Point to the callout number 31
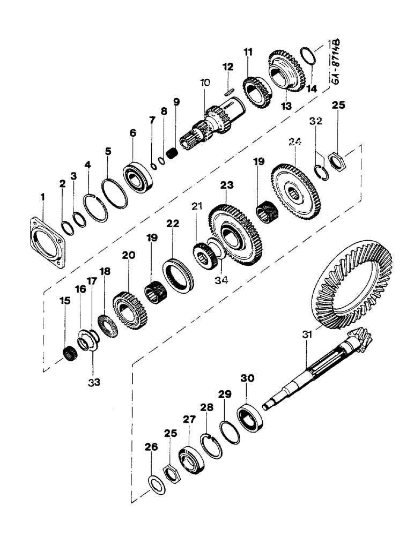pos(306,334)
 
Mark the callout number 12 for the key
pos(228,66)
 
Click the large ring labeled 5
pos(116,190)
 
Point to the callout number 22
pos(172,224)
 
